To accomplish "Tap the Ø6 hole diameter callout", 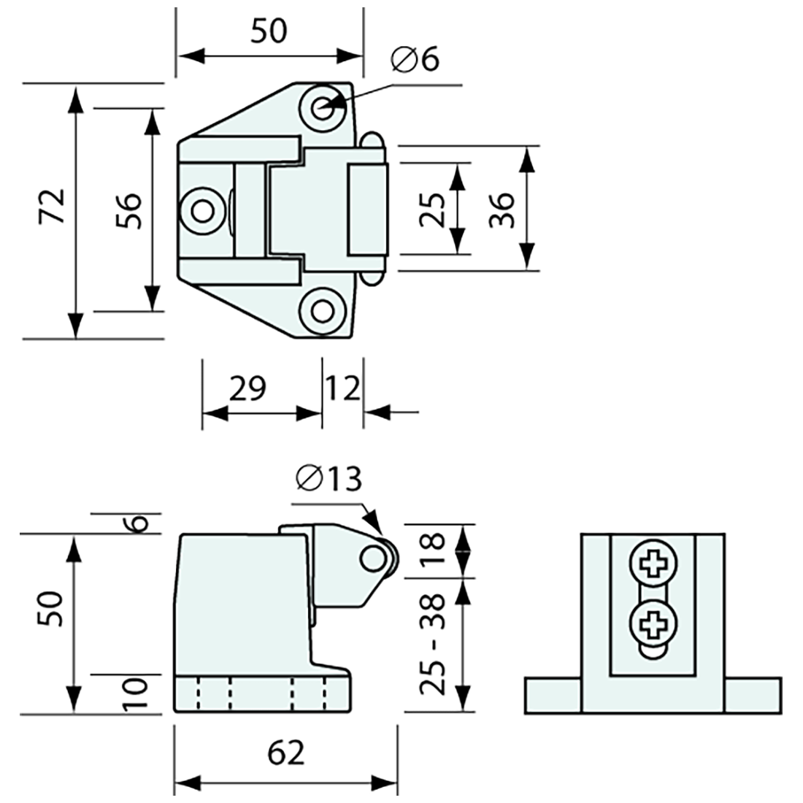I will tap(415, 60).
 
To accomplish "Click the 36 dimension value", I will tap(502, 210).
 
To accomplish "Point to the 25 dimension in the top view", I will tap(432, 210).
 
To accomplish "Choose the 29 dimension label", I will tap(247, 389).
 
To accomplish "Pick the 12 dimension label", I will tap(342, 389).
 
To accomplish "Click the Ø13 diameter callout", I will tap(328, 480).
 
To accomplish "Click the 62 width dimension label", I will tap(285, 753).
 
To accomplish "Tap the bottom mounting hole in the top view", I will tap(322, 310).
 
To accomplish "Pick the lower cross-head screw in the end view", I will tap(652, 624).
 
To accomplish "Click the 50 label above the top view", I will tap(269, 31).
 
